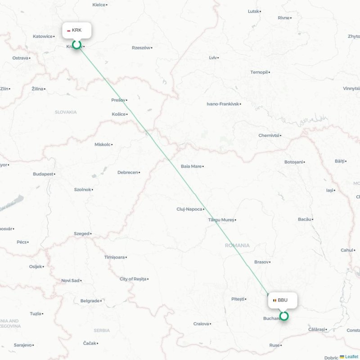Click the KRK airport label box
[77, 30]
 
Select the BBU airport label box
[283, 300]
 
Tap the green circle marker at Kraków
[77, 44]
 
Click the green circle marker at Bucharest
[284, 316]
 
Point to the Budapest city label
[43, 174]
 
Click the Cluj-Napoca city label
[189, 209]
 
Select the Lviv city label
[213, 58]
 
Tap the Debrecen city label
[128, 172]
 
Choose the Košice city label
[119, 114]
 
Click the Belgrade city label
[90, 301]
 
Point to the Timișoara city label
[114, 257]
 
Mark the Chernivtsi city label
[269, 135]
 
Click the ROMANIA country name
[238, 245]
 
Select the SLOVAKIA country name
[66, 112]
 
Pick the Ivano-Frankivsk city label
[223, 104]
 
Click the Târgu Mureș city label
[221, 220]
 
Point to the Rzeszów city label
[141, 48]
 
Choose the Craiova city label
[201, 324]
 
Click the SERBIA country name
[102, 330]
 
